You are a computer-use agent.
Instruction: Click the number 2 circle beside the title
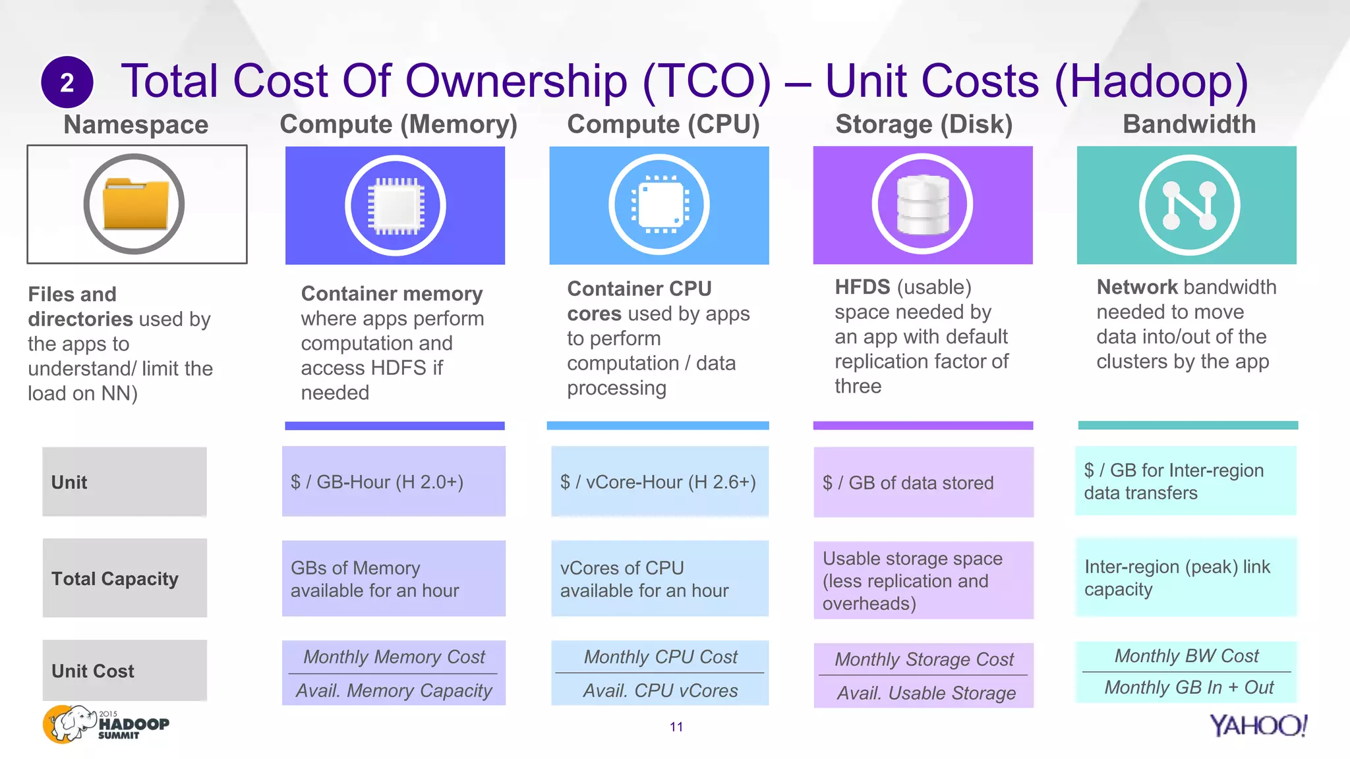(67, 82)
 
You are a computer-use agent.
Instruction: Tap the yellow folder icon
(134, 204)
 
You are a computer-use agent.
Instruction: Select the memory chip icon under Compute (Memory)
(396, 206)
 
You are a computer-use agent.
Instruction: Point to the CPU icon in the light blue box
(659, 205)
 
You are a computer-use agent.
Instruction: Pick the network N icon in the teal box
(1189, 206)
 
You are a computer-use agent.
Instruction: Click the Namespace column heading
(136, 125)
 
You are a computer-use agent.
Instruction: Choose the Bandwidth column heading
(1189, 124)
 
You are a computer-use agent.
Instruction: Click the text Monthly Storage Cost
(924, 659)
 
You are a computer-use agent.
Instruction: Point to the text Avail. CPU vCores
(660, 690)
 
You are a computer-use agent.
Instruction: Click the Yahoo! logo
(1258, 725)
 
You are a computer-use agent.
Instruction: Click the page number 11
(676, 727)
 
